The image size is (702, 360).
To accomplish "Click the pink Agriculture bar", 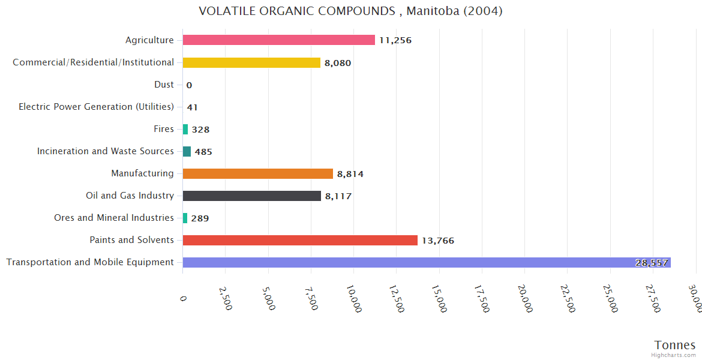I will coord(278,40).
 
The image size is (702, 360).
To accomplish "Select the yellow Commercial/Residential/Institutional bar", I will coord(251,62).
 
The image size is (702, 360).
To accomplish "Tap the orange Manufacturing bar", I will coord(257,173).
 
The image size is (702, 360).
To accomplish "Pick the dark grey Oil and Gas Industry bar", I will coord(251,196).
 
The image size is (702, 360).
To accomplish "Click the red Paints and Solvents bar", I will coord(300,240).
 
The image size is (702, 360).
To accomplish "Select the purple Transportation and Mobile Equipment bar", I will coord(426,262).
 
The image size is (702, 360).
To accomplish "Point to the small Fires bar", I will coord(185,129).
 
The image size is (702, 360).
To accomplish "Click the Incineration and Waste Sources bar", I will coord(187,151).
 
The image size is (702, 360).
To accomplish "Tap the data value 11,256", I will coord(395,40).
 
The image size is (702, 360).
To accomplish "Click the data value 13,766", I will coord(438,241).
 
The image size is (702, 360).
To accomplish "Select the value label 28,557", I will coord(652,263).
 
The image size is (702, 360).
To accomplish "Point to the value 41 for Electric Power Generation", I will coord(192,107).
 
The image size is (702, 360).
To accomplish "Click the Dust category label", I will coord(164,85).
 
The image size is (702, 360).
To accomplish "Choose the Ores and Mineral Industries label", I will coord(114,218).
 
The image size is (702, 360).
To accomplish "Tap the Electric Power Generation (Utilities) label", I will coord(96,107).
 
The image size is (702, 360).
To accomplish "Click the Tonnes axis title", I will coord(675,344).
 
